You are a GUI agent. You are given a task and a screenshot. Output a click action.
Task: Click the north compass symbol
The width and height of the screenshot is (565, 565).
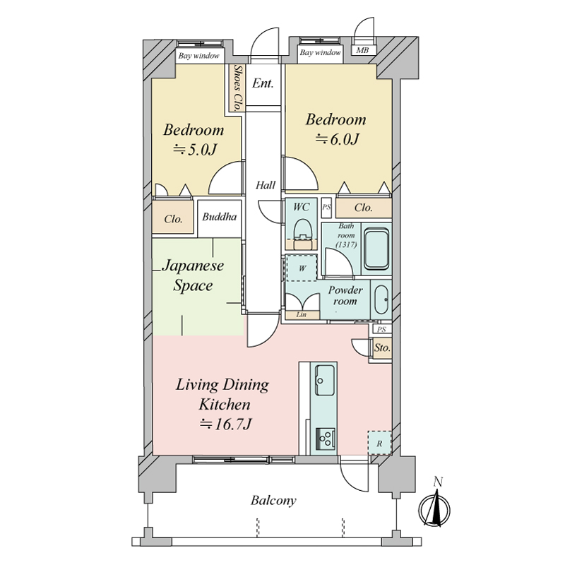tap(434, 506)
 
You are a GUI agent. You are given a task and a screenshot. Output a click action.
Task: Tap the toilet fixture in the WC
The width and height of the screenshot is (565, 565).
tap(302, 232)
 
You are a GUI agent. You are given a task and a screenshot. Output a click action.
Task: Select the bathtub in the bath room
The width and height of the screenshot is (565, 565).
tap(376, 250)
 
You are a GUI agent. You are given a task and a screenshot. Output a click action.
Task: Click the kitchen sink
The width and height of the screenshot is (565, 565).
tap(324, 380)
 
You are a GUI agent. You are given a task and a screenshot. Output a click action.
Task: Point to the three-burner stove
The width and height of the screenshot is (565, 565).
tap(326, 439)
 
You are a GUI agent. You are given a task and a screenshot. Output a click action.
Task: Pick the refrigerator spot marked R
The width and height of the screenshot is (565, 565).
tap(379, 443)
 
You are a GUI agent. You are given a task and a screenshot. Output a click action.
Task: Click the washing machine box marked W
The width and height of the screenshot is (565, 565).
tap(302, 268)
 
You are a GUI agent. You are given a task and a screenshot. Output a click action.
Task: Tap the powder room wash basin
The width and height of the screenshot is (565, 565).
tap(381, 299)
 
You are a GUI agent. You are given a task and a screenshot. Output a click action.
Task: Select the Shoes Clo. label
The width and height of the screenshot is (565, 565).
tap(237, 88)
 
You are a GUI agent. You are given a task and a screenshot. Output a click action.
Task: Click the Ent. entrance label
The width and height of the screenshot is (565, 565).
tap(263, 83)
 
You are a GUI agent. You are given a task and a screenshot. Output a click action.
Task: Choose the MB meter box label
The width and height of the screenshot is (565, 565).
tap(362, 50)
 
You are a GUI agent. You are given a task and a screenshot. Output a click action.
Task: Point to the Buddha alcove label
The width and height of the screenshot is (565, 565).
tap(220, 217)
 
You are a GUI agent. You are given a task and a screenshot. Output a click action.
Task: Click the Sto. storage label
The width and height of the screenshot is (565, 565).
tap(382, 347)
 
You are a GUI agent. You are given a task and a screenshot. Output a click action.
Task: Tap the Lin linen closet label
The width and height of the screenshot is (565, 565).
tap(302, 314)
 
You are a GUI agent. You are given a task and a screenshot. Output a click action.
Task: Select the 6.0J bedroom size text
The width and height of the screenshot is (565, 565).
tap(337, 139)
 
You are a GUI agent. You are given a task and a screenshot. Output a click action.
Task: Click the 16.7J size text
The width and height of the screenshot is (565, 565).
tap(225, 424)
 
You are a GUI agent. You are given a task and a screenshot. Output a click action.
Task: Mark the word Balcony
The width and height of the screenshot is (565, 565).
tap(273, 501)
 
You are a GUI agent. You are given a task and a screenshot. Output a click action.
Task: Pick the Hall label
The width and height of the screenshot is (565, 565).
tap(266, 185)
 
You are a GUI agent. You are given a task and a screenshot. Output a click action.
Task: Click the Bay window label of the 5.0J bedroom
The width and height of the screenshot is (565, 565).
tap(199, 56)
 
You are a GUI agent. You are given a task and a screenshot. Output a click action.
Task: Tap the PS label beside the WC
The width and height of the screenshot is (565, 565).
tap(326, 207)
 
